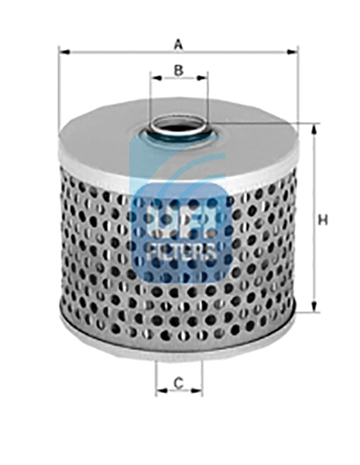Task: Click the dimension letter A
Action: (x=178, y=45)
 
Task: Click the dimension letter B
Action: (x=178, y=71)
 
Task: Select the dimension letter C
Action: (x=178, y=383)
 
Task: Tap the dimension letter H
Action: (x=323, y=220)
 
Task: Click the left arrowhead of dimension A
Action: (x=64, y=52)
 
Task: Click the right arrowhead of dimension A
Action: (x=292, y=52)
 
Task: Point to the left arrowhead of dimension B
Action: (x=156, y=78)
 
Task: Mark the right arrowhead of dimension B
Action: (x=201, y=78)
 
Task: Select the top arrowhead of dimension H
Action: (x=314, y=129)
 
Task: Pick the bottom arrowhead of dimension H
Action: (x=314, y=306)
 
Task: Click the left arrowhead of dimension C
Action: (x=161, y=391)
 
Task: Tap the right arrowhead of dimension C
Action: (x=197, y=391)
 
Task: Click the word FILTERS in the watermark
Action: (x=181, y=252)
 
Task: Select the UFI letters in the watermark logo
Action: (x=181, y=222)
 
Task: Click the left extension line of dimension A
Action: (x=59, y=90)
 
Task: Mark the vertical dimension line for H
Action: (x=314, y=218)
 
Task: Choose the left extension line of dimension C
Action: (x=156, y=378)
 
